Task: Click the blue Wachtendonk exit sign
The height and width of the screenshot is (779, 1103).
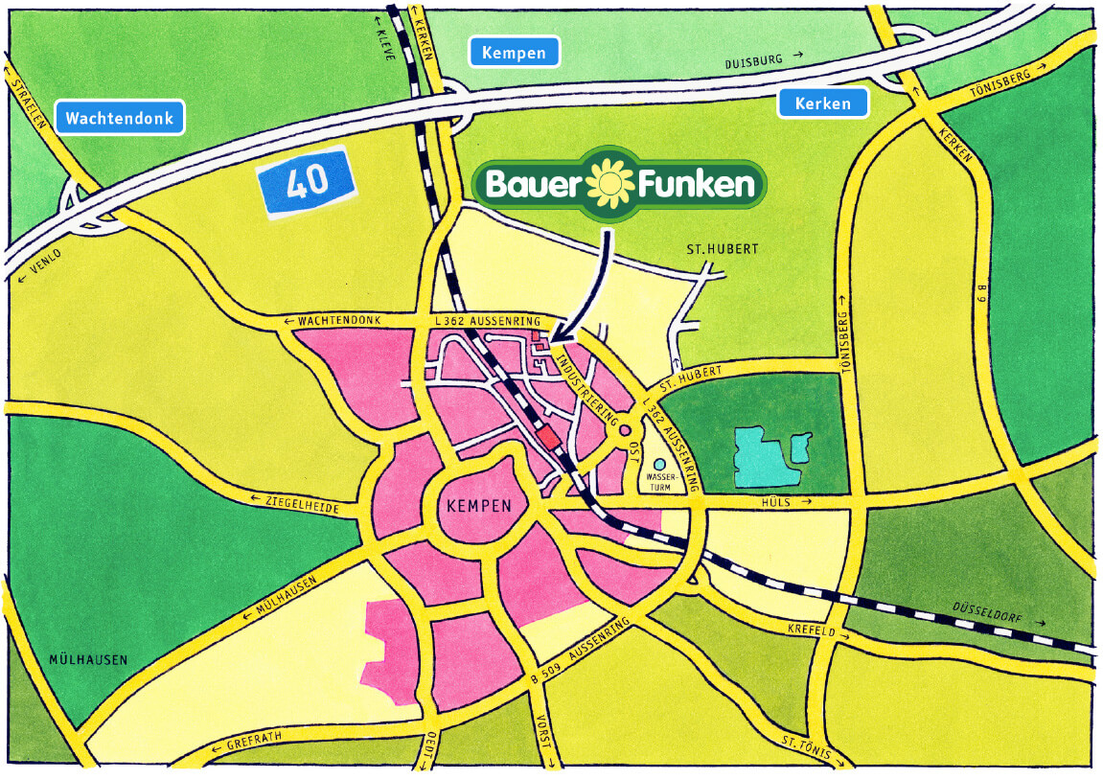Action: click(x=120, y=118)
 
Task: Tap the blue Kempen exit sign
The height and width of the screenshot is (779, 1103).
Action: click(x=514, y=53)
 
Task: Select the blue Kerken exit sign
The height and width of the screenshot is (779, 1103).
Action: click(x=823, y=103)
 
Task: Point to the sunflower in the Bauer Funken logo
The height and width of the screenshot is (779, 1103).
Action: click(x=608, y=185)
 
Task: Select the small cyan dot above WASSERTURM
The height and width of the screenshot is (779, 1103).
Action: click(x=659, y=464)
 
